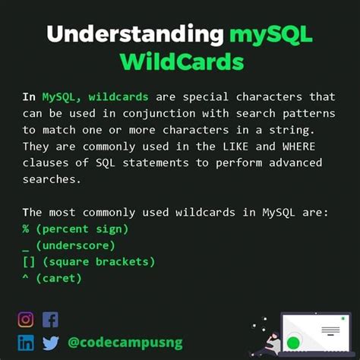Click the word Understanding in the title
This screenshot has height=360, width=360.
pyautogui.click(x=134, y=34)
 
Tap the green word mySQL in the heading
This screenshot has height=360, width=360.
pyautogui.click(x=270, y=34)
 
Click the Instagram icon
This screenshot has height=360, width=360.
pyautogui.click(x=26, y=320)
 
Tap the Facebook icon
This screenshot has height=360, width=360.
pyautogui.click(x=51, y=320)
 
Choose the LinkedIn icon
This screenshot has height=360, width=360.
pyautogui.click(x=26, y=343)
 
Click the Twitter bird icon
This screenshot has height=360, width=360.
pyautogui.click(x=51, y=343)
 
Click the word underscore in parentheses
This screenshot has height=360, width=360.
pyautogui.click(x=77, y=245)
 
